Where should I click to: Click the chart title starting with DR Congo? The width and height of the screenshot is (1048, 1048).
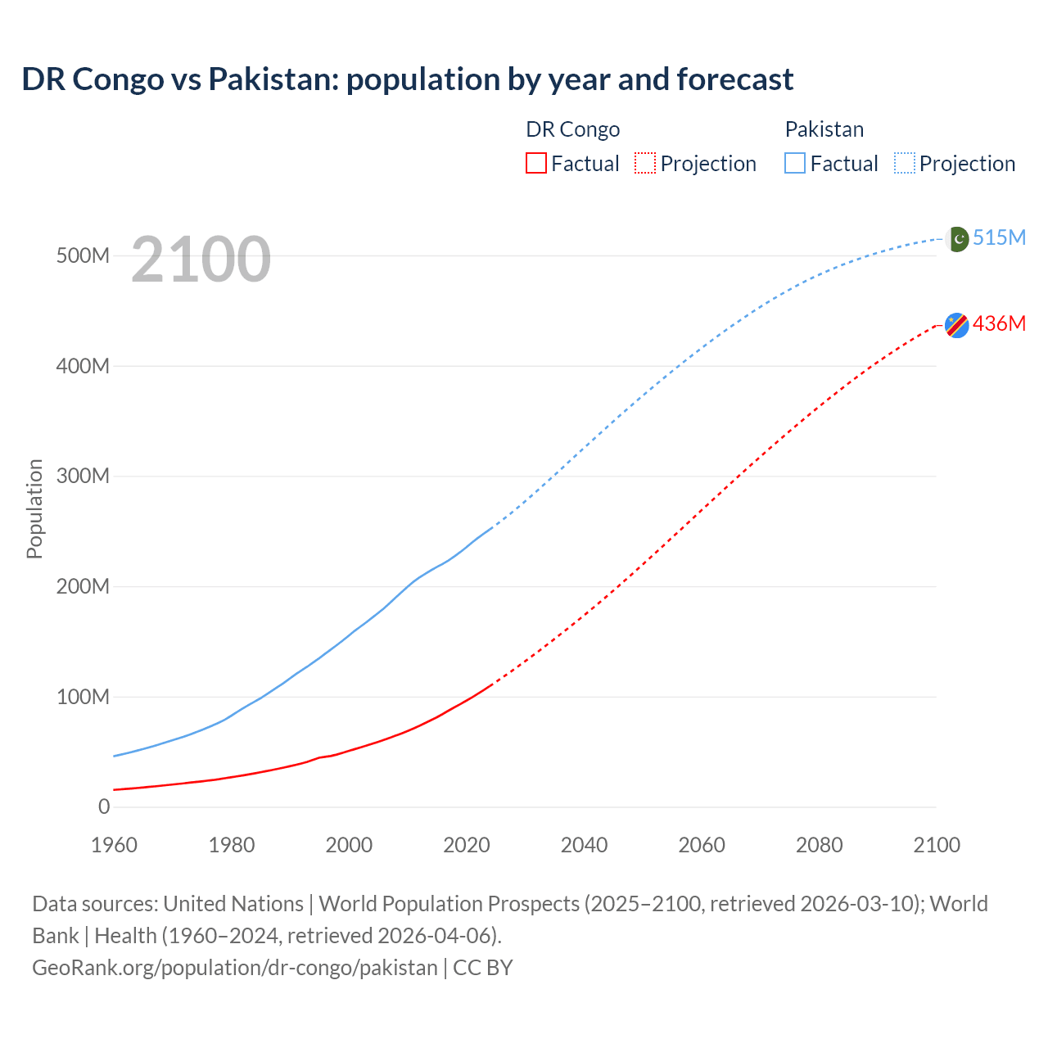pyautogui.click(x=407, y=79)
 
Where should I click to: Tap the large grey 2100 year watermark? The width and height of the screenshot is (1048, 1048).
pyautogui.click(x=201, y=260)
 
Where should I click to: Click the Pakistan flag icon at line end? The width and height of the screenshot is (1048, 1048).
pyautogui.click(x=957, y=238)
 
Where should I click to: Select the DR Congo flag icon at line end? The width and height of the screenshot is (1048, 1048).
pyautogui.click(x=956, y=325)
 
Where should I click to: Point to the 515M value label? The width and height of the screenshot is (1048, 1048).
pyautogui.click(x=999, y=237)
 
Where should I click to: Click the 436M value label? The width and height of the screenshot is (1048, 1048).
pyautogui.click(x=999, y=323)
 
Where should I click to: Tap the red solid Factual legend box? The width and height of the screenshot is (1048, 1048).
pyautogui.click(x=536, y=163)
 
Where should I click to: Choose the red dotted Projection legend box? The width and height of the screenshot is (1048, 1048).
pyautogui.click(x=645, y=163)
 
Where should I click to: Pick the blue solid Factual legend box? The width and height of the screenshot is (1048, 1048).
pyautogui.click(x=795, y=163)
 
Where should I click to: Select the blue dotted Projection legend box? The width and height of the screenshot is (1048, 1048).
pyautogui.click(x=905, y=163)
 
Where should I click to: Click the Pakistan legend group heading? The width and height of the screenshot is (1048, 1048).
pyautogui.click(x=824, y=129)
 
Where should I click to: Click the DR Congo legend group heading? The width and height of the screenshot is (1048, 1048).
pyautogui.click(x=572, y=129)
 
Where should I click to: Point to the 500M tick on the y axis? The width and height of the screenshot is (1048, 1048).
pyautogui.click(x=83, y=255)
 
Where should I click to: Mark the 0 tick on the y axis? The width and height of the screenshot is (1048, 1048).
pyautogui.click(x=104, y=806)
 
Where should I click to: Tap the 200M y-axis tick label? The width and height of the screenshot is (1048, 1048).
pyautogui.click(x=83, y=586)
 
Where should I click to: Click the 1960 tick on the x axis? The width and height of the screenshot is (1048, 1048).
pyautogui.click(x=114, y=845)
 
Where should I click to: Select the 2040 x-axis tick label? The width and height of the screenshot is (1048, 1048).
pyautogui.click(x=584, y=845)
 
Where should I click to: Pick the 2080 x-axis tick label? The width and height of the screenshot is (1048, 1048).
pyautogui.click(x=819, y=845)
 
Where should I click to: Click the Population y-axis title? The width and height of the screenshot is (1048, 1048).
pyautogui.click(x=34, y=508)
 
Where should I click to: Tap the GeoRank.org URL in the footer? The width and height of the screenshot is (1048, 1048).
pyautogui.click(x=235, y=968)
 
